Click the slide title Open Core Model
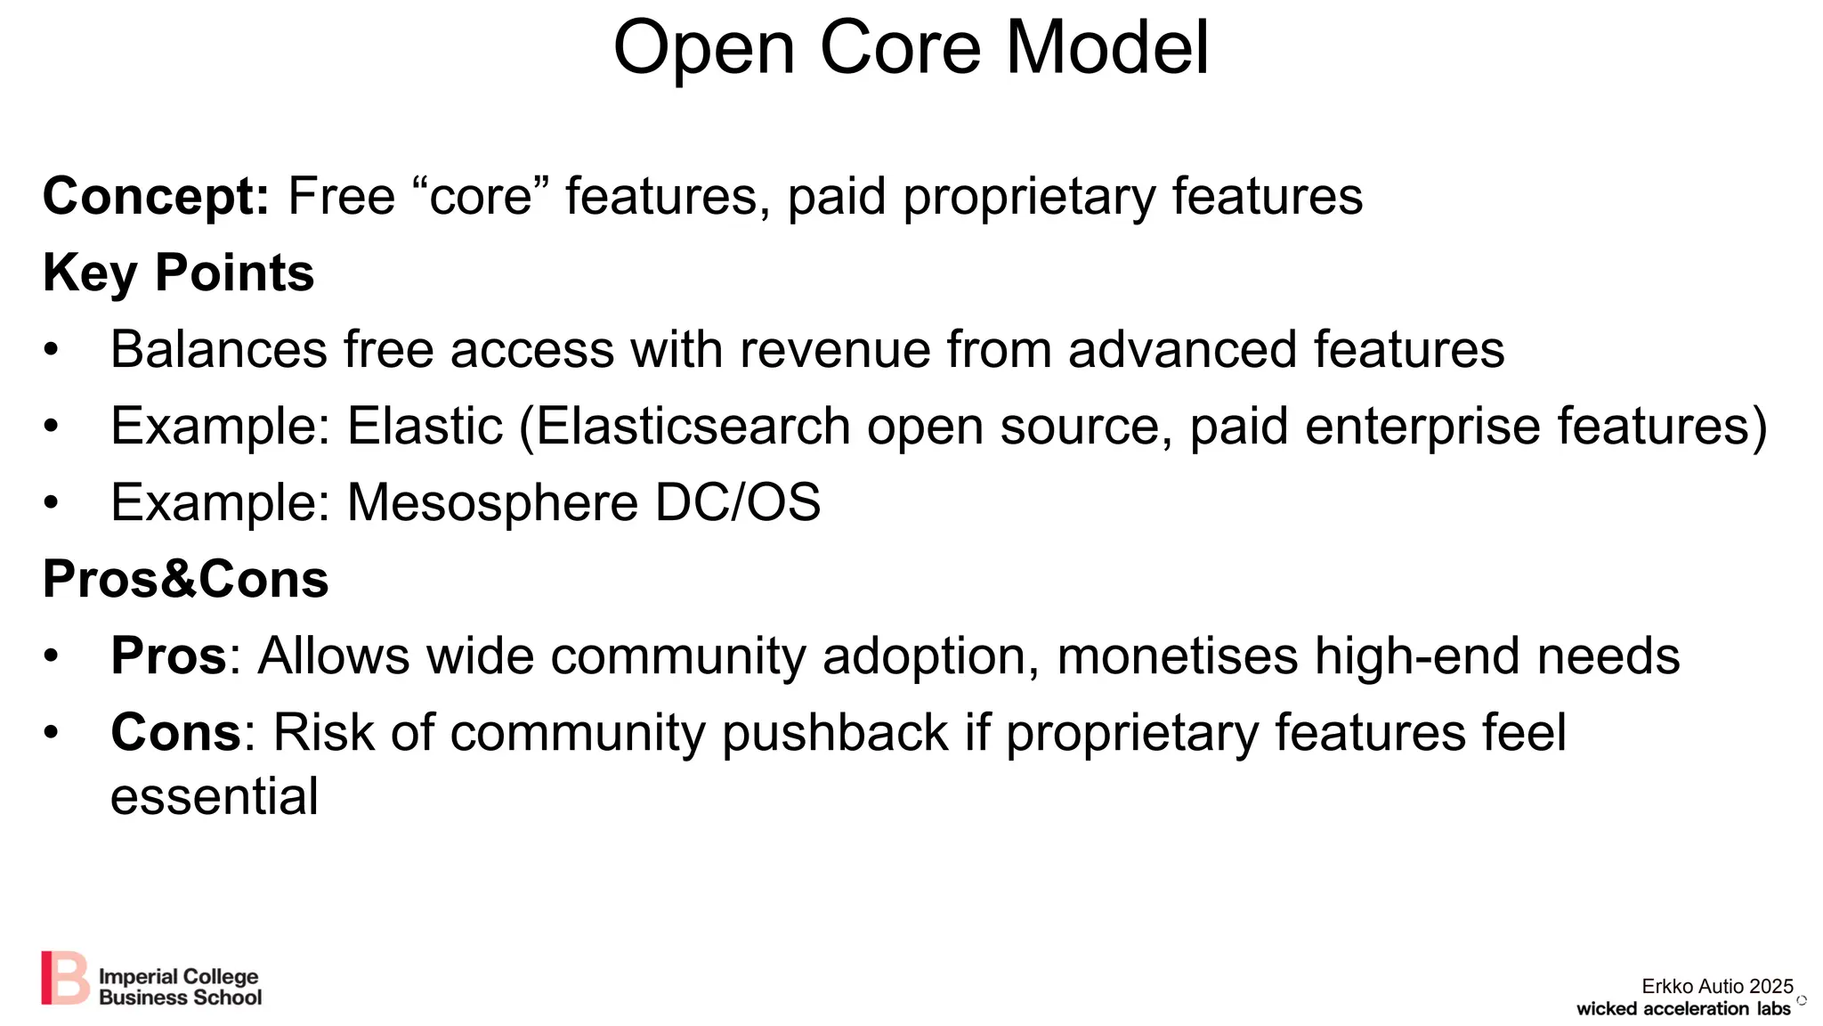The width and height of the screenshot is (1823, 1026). (x=911, y=48)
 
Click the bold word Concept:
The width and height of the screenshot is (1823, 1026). (x=156, y=197)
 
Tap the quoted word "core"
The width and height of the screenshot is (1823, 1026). (x=481, y=197)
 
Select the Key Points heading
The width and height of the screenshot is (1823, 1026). (x=178, y=273)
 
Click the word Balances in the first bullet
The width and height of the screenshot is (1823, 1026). (x=218, y=349)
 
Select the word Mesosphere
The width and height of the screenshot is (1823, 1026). (x=492, y=503)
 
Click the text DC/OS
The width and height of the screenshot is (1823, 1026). (x=738, y=503)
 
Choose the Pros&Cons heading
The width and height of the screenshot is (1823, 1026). (x=185, y=580)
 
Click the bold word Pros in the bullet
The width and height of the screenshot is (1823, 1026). (x=169, y=656)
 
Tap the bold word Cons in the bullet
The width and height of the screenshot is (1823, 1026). (x=175, y=733)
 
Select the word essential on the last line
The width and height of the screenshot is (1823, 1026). (x=214, y=796)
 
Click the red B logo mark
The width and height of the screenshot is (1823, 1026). (x=65, y=978)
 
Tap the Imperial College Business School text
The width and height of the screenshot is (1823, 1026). (x=180, y=988)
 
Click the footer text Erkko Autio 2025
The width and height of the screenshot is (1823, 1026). (x=1717, y=986)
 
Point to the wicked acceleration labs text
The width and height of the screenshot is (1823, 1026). (x=1682, y=1009)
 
